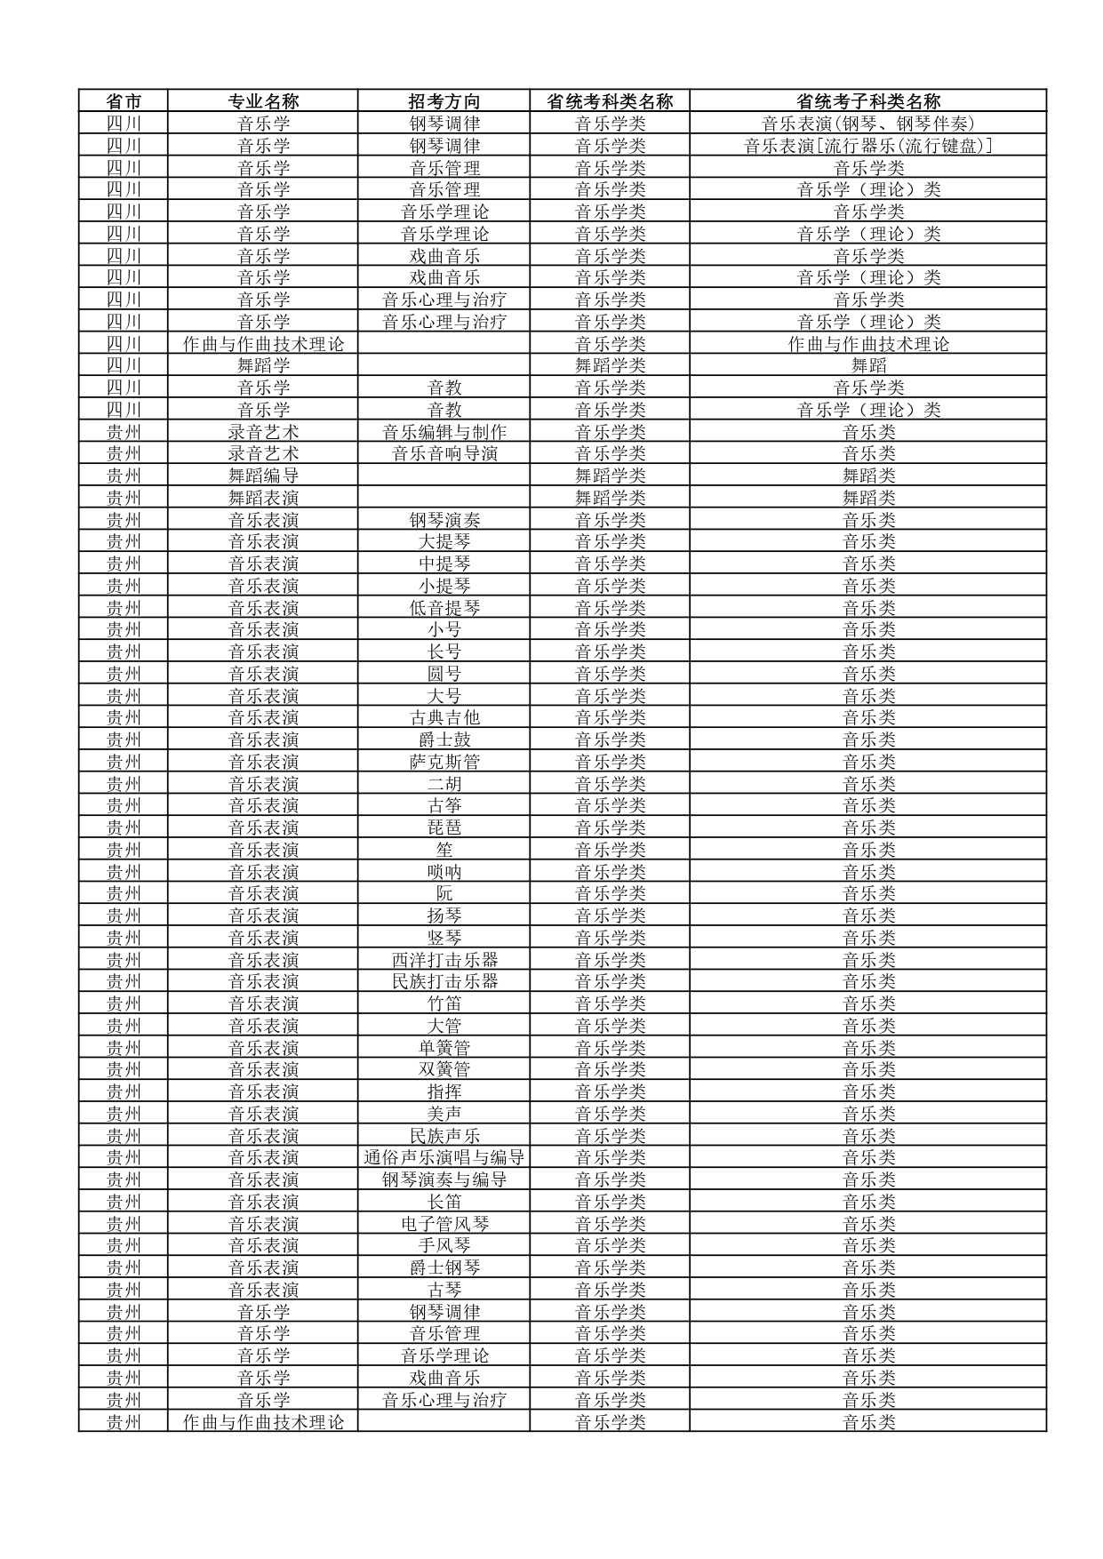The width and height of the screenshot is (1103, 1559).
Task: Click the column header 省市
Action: tap(124, 101)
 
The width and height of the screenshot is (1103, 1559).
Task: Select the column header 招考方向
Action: tap(444, 101)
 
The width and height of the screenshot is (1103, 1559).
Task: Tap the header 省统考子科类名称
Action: tap(867, 101)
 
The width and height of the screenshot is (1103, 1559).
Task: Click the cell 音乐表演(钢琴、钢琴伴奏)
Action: tap(867, 124)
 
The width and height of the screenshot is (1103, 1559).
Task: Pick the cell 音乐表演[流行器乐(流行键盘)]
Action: tap(867, 146)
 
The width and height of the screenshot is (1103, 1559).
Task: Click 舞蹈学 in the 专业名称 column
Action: tap(263, 365)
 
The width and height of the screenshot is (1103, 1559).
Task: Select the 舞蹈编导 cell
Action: tap(263, 476)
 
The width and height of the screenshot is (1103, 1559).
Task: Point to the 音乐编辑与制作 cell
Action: tap(444, 432)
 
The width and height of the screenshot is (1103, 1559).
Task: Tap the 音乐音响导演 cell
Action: tap(444, 453)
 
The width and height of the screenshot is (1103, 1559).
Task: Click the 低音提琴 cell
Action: tap(444, 608)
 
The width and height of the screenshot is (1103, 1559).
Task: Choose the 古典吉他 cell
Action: tap(444, 717)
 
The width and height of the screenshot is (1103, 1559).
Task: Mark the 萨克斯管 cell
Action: tap(444, 762)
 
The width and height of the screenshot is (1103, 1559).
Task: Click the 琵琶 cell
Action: tap(444, 827)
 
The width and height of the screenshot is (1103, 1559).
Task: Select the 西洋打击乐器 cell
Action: tap(444, 960)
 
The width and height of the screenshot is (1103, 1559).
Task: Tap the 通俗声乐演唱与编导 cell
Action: tap(444, 1157)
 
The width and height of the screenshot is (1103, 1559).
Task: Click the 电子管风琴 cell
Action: tap(444, 1224)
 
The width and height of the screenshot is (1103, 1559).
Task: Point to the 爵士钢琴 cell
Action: tap(444, 1267)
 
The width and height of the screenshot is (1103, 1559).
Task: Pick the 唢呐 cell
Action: tap(444, 872)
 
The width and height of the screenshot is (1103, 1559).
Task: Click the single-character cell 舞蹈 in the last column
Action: tap(867, 365)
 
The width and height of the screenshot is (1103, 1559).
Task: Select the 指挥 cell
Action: tap(444, 1091)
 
